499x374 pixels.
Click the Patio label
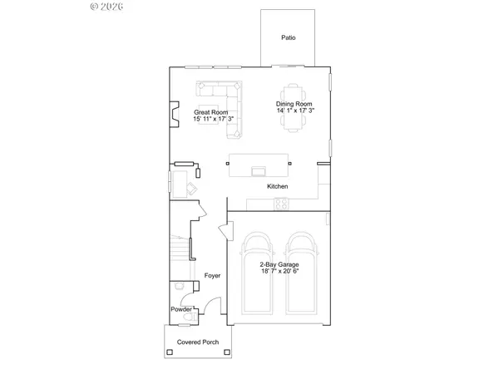[x=289, y=37]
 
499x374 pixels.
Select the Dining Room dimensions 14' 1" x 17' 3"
[x=296, y=111]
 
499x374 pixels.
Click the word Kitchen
[x=278, y=187]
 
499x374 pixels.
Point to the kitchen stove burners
[x=280, y=204]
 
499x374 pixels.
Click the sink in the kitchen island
[x=259, y=171]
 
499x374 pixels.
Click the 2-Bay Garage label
[x=278, y=263]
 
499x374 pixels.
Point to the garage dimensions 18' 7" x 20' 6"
[x=278, y=271]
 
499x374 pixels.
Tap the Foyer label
[x=211, y=274]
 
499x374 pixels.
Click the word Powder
[x=181, y=308]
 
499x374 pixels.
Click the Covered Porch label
[x=197, y=342]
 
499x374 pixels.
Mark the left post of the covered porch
[x=170, y=352]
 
